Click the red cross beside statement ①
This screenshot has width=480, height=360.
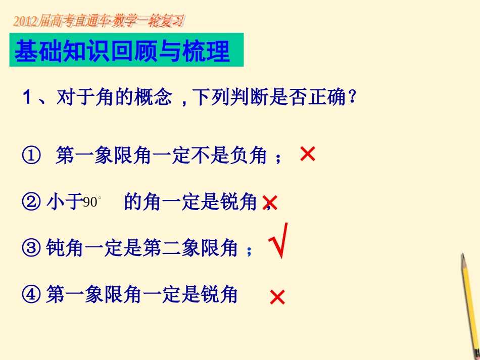pos(307,154)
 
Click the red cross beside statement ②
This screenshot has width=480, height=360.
pos(270,203)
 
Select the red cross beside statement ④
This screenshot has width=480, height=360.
pos(277,297)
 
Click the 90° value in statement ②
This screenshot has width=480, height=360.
pos(92,202)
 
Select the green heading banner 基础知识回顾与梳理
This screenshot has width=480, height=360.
pos(126,50)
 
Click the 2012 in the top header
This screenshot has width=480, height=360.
pos(24,21)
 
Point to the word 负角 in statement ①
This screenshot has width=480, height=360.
pos(251,156)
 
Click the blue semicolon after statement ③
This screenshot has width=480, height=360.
pos(249,251)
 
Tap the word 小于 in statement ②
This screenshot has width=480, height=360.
pos(65,202)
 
